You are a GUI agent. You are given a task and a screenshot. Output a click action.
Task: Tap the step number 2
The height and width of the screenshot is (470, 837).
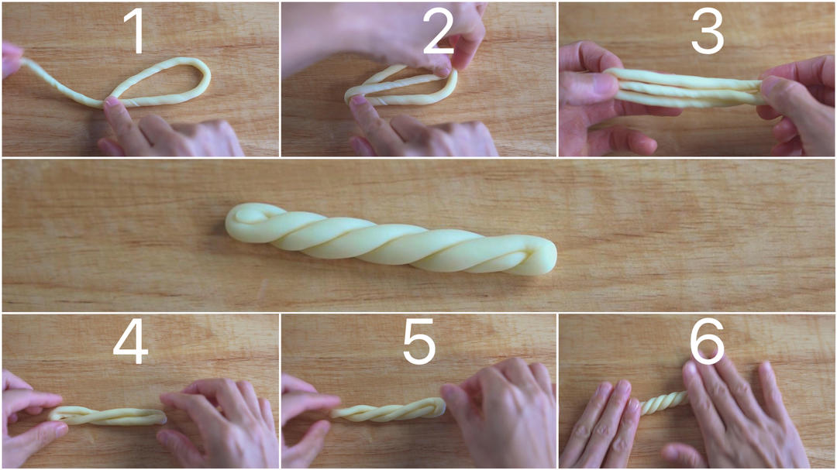point(438,31)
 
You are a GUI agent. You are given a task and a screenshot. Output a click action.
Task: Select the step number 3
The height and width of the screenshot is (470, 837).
point(708,31)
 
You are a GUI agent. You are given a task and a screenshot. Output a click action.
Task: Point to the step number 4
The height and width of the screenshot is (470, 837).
point(131,341)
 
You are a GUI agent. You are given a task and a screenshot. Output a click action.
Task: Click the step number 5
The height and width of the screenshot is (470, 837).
point(419,341)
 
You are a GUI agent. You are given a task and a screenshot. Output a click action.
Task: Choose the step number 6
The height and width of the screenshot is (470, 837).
point(707,341)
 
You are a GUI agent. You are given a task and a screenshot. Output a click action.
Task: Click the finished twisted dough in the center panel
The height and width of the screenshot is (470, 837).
point(391,239)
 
